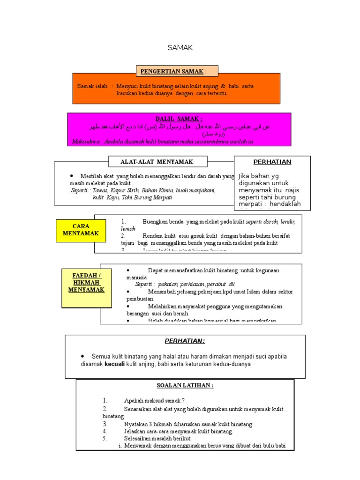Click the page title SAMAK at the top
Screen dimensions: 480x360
pos(180,47)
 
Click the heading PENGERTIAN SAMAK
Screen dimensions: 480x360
pos(172,71)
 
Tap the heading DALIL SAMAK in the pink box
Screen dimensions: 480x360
pos(179,120)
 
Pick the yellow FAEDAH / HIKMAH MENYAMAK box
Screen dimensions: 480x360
pos(84,282)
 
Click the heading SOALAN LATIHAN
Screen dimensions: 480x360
pos(185,385)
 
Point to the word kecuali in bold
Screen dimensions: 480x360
pos(115,364)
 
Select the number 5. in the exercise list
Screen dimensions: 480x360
pos(105,438)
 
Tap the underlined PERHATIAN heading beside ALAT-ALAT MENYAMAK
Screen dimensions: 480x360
pos(272,162)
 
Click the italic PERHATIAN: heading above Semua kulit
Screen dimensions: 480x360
pos(185,341)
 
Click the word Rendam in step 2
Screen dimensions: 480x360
pos(153,236)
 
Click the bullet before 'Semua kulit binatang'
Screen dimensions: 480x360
pos(82,356)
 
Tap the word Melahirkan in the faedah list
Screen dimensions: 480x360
pos(163,306)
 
